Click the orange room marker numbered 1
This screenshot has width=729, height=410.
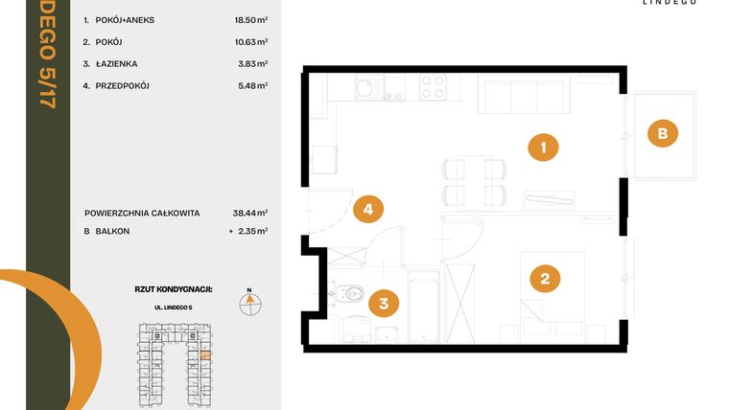(544, 148)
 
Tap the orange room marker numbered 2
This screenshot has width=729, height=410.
(544, 279)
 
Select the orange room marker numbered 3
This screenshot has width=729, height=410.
(383, 305)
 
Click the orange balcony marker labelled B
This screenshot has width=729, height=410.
(661, 133)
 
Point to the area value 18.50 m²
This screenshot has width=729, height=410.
(251, 19)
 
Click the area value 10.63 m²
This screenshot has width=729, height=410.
(251, 42)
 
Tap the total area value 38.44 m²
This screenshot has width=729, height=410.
(251, 213)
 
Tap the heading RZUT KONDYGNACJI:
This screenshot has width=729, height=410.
(174, 287)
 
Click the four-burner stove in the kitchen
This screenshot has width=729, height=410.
(434, 87)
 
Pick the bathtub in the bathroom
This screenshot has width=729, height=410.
(423, 307)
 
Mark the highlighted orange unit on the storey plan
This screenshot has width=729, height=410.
(204, 354)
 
